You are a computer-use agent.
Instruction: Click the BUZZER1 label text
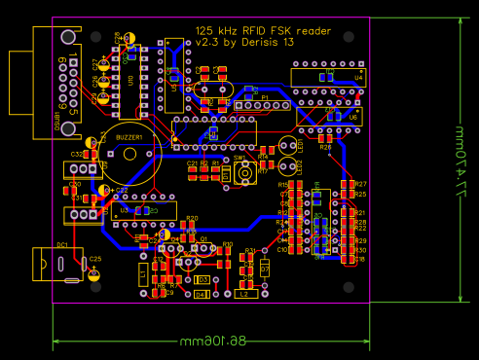tap(129, 138)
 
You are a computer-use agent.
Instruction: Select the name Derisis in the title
tap(261, 43)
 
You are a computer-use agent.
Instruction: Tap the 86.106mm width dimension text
tap(210, 342)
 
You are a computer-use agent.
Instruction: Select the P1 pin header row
tap(260, 105)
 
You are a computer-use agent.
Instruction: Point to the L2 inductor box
tap(243, 292)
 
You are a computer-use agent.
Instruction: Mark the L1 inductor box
tap(143, 275)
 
